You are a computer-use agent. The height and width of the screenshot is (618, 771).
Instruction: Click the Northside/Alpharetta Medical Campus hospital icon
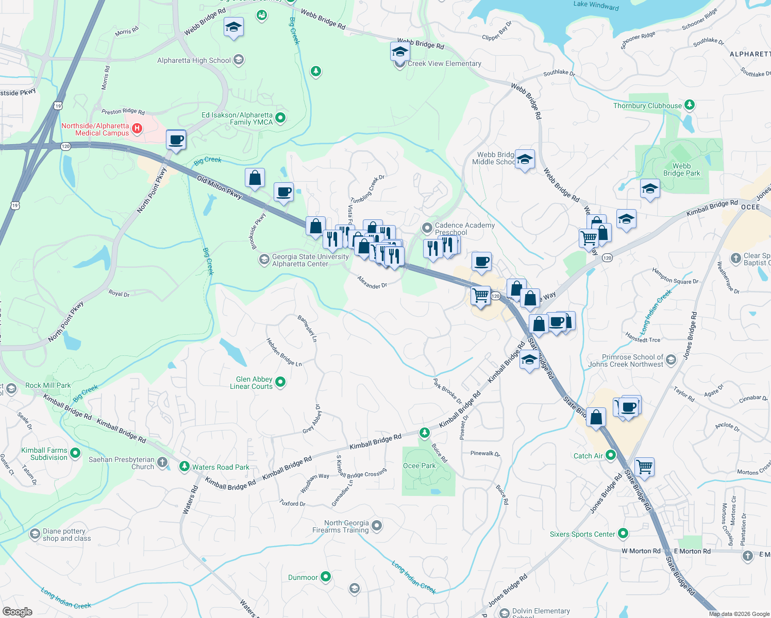pos(137,129)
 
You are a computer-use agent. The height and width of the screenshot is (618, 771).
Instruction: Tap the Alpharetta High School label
pos(194,61)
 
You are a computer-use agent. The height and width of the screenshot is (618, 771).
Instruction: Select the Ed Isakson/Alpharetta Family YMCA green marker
pos(280,118)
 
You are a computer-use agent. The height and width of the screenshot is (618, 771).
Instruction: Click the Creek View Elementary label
pos(444,64)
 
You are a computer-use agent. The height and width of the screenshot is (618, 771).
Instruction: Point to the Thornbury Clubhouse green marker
pos(689,105)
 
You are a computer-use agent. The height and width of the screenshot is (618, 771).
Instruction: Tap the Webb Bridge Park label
pos(681,169)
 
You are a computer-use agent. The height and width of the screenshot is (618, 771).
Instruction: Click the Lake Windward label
pos(596,5)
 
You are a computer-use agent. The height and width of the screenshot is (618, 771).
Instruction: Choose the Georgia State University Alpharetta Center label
pos(310,260)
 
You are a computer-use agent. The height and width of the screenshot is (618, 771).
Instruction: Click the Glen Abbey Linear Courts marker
pos(280,382)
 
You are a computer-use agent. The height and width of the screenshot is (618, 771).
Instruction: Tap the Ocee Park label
pos(419,466)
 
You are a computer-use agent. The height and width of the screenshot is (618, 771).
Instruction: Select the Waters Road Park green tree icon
pos(184,467)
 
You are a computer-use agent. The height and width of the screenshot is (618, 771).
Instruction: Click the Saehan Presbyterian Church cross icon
pos(162,462)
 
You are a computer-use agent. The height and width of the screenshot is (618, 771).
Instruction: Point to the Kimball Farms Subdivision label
pos(44,454)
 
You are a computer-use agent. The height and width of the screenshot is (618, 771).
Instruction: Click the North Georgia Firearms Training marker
pos(377,526)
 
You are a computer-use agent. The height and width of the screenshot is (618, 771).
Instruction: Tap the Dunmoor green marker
pos(325,577)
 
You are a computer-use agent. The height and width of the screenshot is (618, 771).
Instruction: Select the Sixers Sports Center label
pos(582,534)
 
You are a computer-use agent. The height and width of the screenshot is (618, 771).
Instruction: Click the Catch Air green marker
pos(611,455)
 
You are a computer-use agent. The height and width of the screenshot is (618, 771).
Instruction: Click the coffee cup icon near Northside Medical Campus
pos(176,140)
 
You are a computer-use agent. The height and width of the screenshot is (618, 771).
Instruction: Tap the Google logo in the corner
pos(18,611)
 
